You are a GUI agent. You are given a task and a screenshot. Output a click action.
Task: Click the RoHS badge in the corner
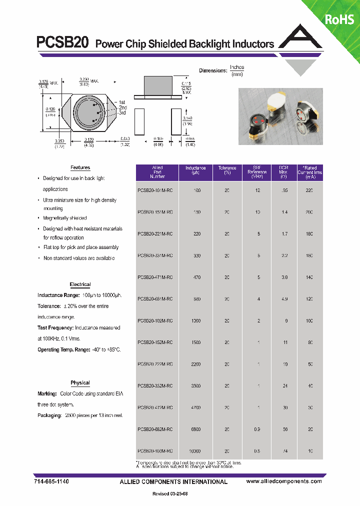tap(339, 19)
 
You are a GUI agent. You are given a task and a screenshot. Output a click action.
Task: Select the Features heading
tap(80, 168)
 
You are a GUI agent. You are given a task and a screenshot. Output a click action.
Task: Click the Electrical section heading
tap(80, 284)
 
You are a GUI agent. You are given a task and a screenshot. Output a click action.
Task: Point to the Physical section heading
tap(80, 383)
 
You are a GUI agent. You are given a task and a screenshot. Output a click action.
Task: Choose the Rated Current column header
tap(310, 172)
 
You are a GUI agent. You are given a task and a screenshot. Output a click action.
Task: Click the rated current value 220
tap(309, 190)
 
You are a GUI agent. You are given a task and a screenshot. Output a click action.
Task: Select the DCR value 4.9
tap(284, 299)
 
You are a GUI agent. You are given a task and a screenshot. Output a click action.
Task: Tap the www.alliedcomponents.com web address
tap(284, 481)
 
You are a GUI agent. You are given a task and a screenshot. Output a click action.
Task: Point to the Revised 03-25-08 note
tap(170, 494)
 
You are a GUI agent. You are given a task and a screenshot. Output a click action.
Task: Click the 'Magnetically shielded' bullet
tap(65, 218)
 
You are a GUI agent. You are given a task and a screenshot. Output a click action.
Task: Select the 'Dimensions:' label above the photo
tap(213, 70)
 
